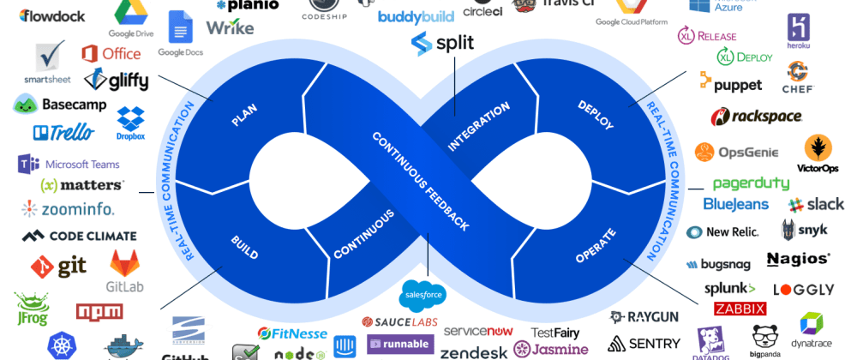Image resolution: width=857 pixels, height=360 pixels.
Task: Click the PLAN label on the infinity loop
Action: coord(244,115)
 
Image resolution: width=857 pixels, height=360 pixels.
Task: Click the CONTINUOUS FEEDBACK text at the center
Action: coord(420,181)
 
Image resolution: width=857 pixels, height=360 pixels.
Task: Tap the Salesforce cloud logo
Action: coord(423,296)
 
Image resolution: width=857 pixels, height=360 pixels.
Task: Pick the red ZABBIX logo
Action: coord(740,309)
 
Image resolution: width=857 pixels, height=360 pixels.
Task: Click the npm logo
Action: coord(99,311)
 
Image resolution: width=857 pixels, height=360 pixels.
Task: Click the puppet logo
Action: coord(730,83)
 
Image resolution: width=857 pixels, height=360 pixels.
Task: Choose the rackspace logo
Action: coord(756,117)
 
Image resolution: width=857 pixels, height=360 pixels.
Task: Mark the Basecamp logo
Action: coord(60,105)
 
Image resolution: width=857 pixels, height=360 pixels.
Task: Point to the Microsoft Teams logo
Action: coord(69,164)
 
